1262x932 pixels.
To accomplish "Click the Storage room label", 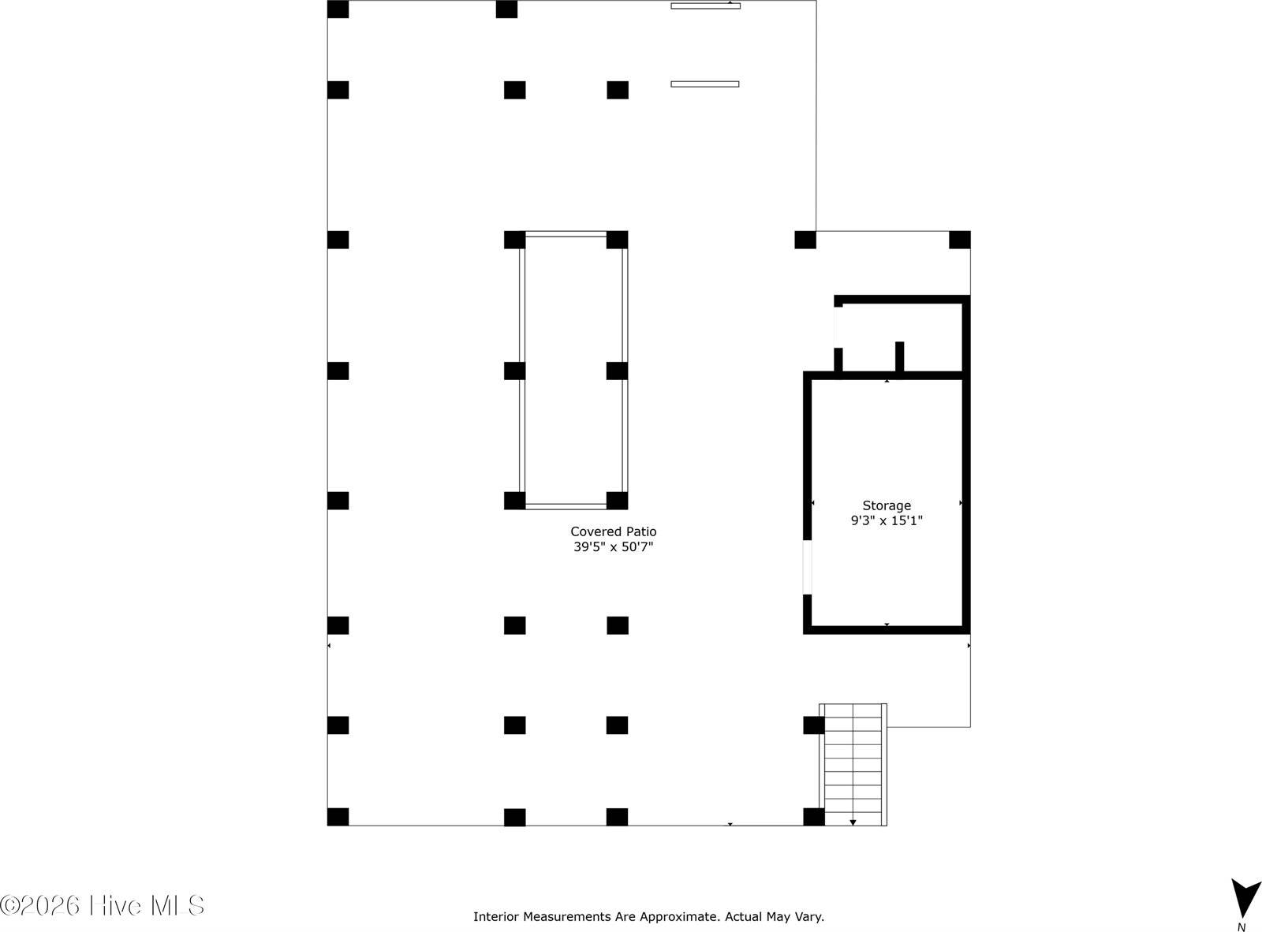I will click(x=886, y=505).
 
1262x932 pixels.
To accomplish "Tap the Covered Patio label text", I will click(x=613, y=531).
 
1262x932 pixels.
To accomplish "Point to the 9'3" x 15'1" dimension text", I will click(x=886, y=520).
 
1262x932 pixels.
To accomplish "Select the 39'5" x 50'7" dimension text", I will click(x=613, y=546).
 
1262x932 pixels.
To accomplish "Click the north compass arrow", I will click(x=1245, y=898).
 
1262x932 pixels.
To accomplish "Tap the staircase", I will click(x=853, y=763).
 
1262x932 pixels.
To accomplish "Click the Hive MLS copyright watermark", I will click(x=103, y=905).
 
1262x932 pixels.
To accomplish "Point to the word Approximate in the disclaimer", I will click(x=679, y=916).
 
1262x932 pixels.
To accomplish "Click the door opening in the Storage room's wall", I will click(x=807, y=567).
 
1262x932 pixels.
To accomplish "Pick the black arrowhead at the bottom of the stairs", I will click(x=853, y=822).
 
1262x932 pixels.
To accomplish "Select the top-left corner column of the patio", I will click(x=338, y=9).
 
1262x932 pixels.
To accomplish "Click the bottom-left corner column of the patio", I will click(x=338, y=817).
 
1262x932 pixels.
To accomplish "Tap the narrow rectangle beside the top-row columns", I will click(x=704, y=84).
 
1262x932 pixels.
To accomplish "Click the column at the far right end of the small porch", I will click(x=959, y=240).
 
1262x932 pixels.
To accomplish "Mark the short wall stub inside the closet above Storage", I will click(x=899, y=356).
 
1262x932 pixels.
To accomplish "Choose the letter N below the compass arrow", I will click(x=1241, y=927).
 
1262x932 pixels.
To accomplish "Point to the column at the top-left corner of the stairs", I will click(x=813, y=725).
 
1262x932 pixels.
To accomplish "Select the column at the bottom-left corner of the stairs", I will click(x=813, y=817).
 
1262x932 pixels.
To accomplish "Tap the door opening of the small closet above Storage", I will click(x=838, y=326).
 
